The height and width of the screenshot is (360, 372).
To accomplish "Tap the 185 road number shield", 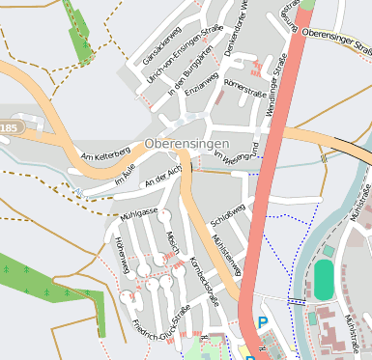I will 9,127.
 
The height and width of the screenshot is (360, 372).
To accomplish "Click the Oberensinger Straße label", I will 336,39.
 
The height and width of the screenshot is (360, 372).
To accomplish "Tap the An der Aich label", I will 162,175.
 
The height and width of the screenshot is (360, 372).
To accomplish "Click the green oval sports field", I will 323,280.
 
